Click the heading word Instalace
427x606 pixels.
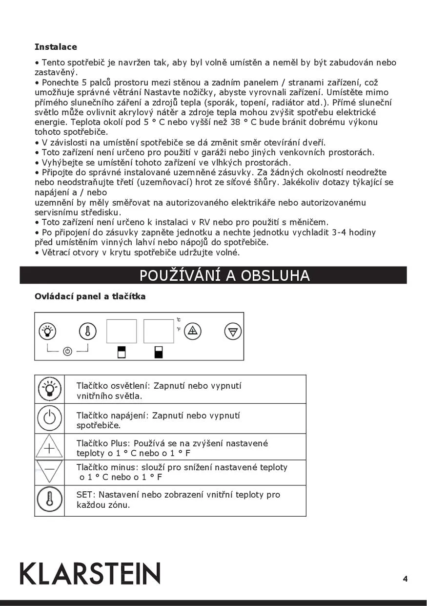click(x=56, y=47)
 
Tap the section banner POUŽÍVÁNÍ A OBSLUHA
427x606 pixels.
click(x=224, y=275)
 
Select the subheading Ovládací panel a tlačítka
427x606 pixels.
click(x=90, y=296)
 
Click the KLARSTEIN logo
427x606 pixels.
click(x=90, y=573)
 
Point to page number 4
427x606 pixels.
click(x=405, y=579)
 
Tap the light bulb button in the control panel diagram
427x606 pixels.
click(x=47, y=332)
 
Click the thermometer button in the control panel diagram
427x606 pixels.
click(x=87, y=332)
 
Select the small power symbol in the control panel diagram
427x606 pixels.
click(x=67, y=351)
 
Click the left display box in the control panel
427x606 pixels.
click(x=122, y=331)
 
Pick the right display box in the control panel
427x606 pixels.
click(x=159, y=331)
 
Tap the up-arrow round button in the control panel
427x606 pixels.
click(x=194, y=331)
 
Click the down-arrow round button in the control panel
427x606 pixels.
click(x=233, y=332)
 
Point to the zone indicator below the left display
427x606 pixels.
click(x=122, y=352)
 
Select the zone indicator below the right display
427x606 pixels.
click(x=158, y=352)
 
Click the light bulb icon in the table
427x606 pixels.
click(x=49, y=389)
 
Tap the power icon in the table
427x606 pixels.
click(x=49, y=418)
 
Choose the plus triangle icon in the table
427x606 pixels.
click(x=49, y=447)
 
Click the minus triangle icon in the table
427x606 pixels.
click(x=49, y=471)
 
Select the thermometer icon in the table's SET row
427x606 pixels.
click(x=49, y=500)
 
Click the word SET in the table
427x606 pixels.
click(x=83, y=495)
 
